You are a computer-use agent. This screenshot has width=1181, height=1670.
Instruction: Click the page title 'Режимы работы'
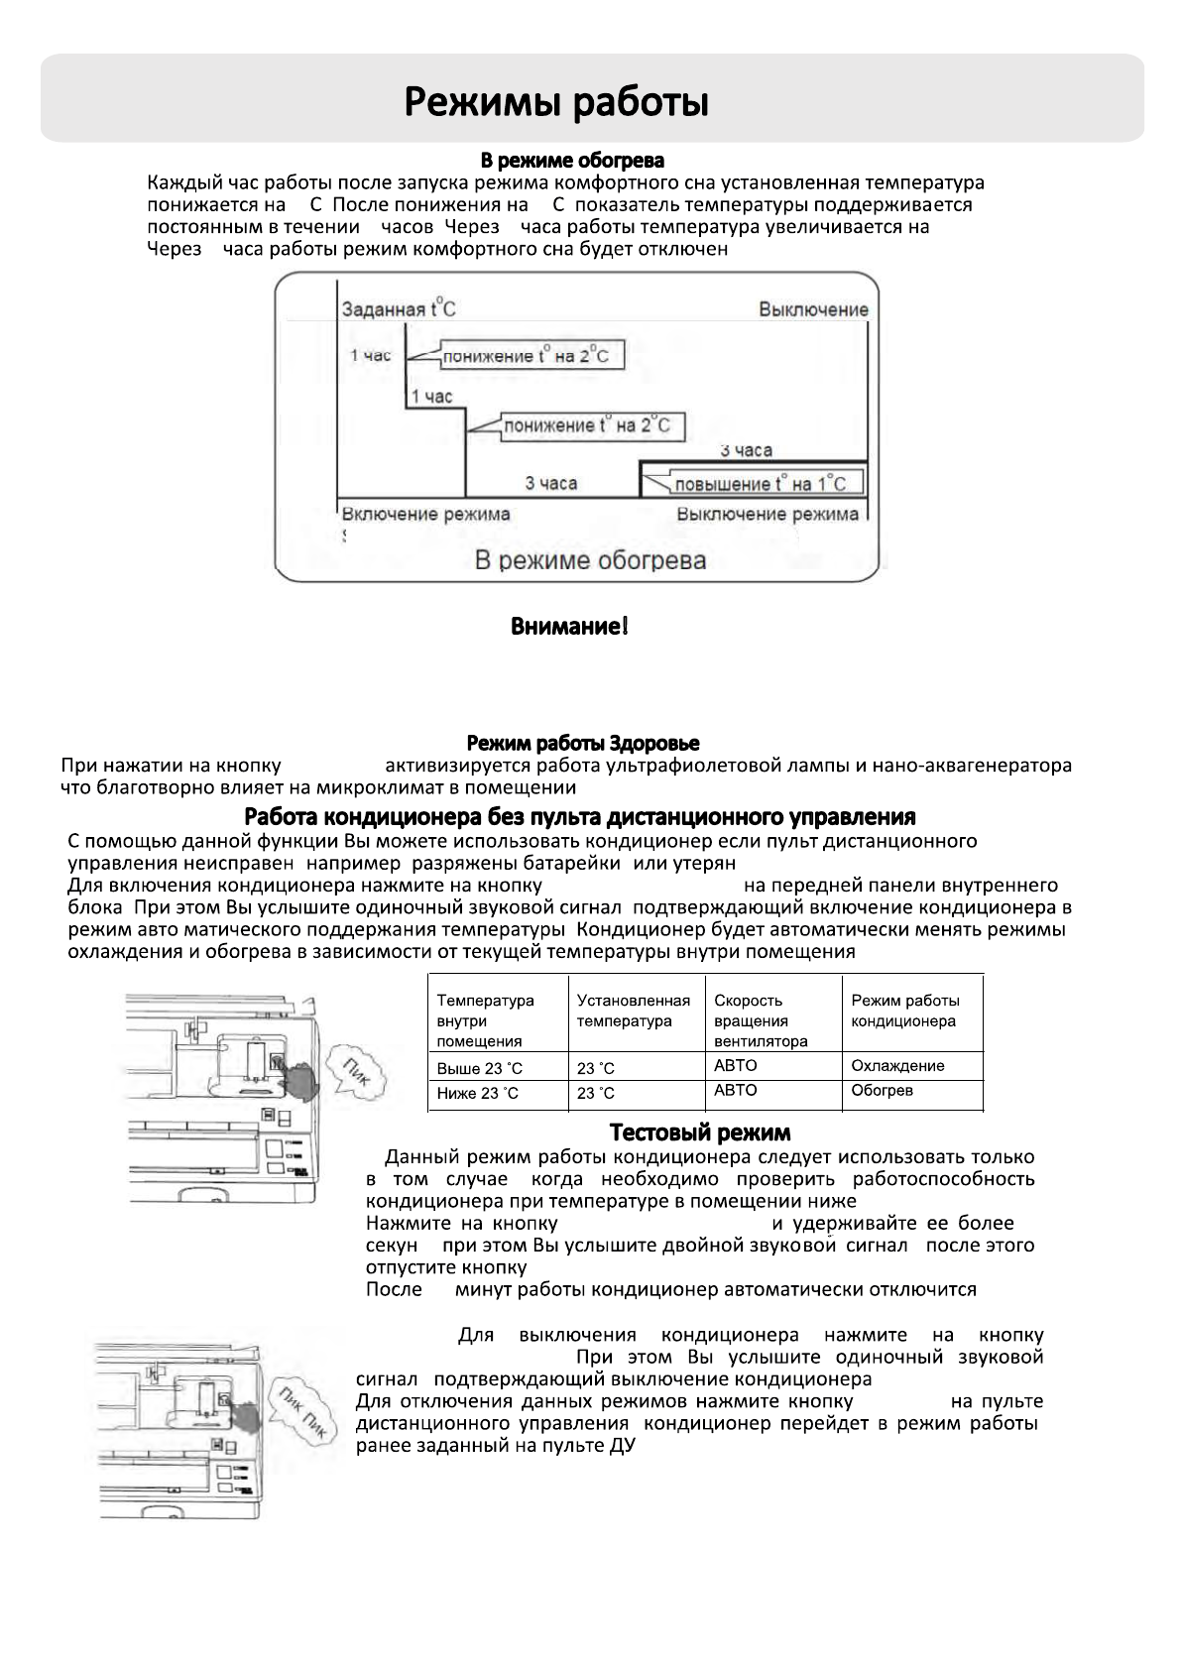tap(556, 102)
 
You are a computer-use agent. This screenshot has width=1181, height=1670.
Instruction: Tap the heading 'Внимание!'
tap(569, 627)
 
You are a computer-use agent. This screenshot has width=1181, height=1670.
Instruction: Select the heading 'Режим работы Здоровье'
tap(583, 743)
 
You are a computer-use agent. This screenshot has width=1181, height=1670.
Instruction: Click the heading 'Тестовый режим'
tap(699, 1133)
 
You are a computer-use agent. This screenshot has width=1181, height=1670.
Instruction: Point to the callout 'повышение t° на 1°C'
tap(760, 484)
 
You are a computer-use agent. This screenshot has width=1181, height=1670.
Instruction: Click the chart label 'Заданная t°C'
tap(399, 308)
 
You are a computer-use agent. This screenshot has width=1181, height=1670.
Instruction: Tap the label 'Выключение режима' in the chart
tap(768, 514)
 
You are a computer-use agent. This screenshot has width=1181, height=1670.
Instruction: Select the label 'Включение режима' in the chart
tap(426, 514)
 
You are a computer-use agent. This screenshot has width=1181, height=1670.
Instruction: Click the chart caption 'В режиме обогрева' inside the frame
tap(590, 560)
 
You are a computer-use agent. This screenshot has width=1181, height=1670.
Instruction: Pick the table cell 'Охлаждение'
tap(897, 1066)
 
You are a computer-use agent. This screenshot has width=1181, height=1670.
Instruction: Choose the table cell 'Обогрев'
tap(882, 1091)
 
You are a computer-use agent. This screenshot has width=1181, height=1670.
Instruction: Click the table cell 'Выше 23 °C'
tap(479, 1068)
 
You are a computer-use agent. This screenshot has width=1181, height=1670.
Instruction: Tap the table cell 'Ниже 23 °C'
tap(478, 1093)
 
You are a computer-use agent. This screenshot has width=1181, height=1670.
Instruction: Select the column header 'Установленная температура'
tap(633, 1011)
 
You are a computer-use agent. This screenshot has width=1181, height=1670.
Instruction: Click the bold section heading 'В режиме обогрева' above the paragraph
tap(572, 160)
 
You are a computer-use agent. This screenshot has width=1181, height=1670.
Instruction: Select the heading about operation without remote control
tap(579, 817)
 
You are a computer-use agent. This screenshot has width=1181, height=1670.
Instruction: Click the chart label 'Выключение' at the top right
tap(813, 308)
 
